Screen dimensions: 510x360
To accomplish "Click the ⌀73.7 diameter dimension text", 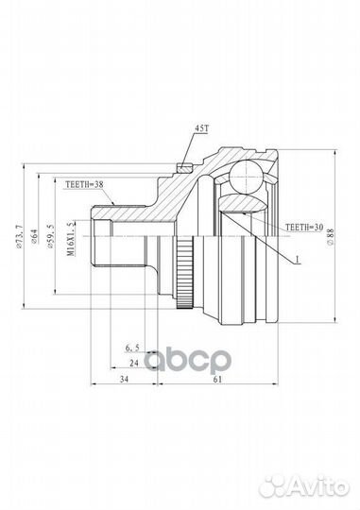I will tap(21, 231).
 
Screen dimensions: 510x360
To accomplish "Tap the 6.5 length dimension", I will tap(130, 348).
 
